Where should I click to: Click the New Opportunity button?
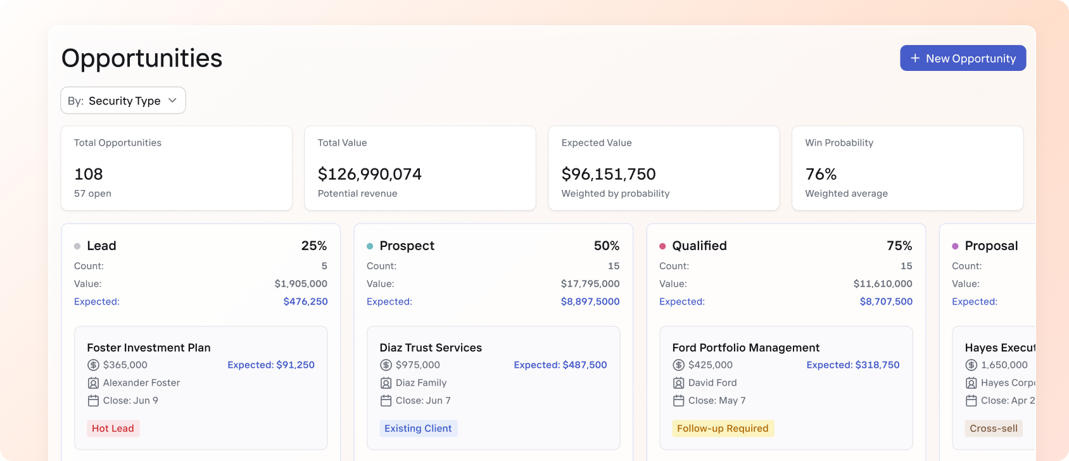pyautogui.click(x=963, y=58)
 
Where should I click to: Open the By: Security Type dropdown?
pyautogui.click(x=123, y=101)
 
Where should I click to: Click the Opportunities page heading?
pyautogui.click(x=142, y=58)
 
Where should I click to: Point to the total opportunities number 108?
pyautogui.click(x=89, y=174)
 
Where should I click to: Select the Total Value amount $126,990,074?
pyautogui.click(x=369, y=174)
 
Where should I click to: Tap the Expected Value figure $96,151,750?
pyautogui.click(x=608, y=174)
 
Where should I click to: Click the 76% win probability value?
pyautogui.click(x=821, y=174)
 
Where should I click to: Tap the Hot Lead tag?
pyautogui.click(x=113, y=429)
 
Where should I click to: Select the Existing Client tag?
pyautogui.click(x=418, y=429)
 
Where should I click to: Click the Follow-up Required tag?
pyautogui.click(x=723, y=429)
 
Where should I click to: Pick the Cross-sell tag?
pyautogui.click(x=993, y=429)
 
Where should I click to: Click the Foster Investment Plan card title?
pyautogui.click(x=149, y=348)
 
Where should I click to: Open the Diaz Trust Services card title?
pyautogui.click(x=431, y=348)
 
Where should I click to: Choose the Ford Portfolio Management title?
pyautogui.click(x=745, y=348)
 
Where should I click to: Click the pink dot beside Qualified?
pyautogui.click(x=662, y=246)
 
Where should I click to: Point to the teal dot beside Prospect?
pyautogui.click(x=370, y=246)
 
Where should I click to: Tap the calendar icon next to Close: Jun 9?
pyautogui.click(x=93, y=401)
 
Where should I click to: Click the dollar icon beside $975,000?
pyautogui.click(x=386, y=365)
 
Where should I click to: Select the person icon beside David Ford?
pyautogui.click(x=678, y=383)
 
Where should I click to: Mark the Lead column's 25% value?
pyautogui.click(x=314, y=246)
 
